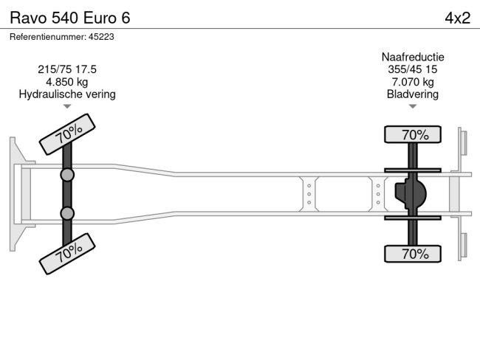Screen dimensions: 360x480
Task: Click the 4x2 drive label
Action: tap(457, 18)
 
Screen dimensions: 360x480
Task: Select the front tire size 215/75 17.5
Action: tap(67, 69)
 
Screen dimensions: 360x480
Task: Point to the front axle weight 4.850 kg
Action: tap(67, 82)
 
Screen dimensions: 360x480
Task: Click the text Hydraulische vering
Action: tap(67, 94)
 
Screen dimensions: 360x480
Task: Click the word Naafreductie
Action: tap(413, 57)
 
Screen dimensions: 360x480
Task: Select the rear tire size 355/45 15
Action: tap(413, 69)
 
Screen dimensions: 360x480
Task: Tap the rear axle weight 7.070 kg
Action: tap(413, 82)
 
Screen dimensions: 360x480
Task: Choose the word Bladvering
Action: tap(413, 94)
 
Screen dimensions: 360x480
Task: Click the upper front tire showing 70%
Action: tap(67, 134)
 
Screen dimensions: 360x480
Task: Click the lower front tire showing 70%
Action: tap(67, 253)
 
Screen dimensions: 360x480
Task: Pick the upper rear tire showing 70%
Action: tap(413, 134)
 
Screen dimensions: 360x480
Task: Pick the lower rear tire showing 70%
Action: tap(413, 254)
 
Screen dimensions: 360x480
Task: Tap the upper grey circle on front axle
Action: tap(67, 175)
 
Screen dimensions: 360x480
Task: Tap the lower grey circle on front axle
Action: tap(67, 213)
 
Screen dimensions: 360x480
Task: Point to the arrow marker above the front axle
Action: tap(67, 107)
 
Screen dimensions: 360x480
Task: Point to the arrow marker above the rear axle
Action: tap(413, 107)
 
